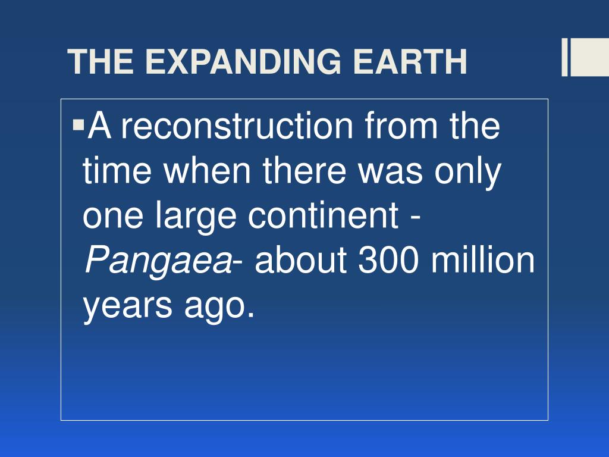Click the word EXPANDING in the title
click(243, 61)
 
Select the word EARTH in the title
click(410, 61)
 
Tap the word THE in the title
click(101, 61)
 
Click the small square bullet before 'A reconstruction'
click(79, 125)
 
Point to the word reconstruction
click(237, 125)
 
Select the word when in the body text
click(207, 170)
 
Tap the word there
click(304, 170)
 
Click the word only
click(467, 174)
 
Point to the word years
click(127, 307)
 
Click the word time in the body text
click(117, 170)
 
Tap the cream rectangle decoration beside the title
click(585, 57)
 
